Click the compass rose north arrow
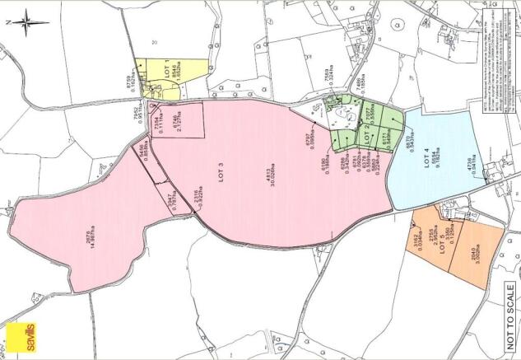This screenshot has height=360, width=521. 25,21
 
